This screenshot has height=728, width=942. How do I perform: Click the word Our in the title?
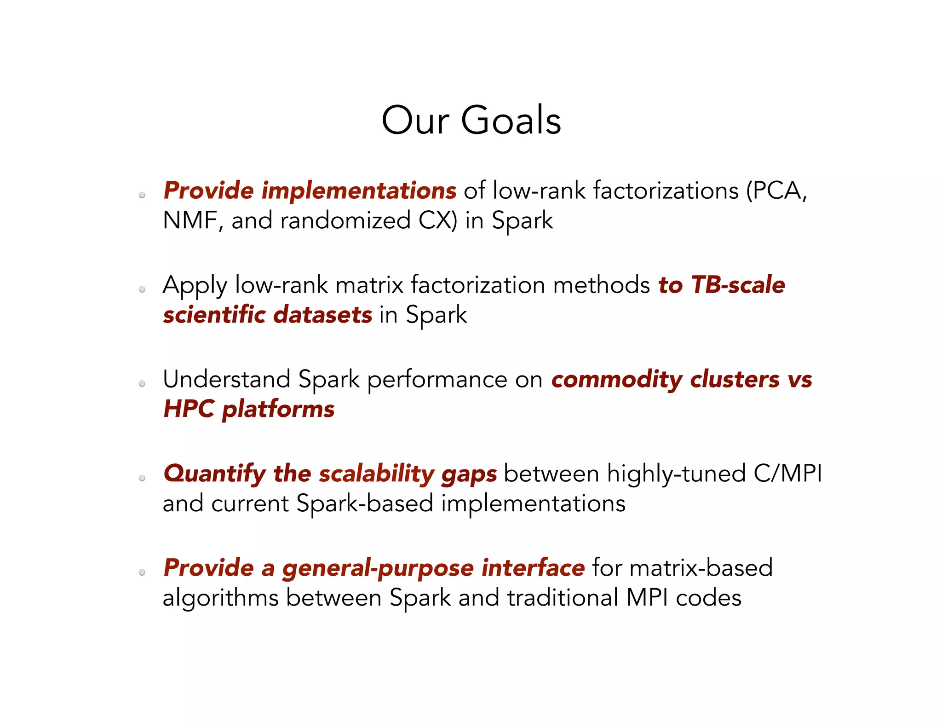415,121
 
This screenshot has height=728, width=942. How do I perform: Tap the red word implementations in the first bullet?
359,191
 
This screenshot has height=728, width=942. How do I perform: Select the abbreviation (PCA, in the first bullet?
776,191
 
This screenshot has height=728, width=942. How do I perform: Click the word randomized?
345,220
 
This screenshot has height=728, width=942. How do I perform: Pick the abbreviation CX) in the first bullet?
438,220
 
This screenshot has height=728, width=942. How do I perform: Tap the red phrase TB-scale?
738,285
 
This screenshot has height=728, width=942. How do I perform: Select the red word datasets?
322,315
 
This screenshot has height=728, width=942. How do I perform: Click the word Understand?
226,380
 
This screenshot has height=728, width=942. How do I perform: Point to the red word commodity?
617,381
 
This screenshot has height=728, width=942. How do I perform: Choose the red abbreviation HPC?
189,409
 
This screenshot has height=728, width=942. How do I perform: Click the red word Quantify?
214,474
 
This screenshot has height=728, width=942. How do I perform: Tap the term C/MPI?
787,474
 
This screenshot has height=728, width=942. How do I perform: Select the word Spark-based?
365,504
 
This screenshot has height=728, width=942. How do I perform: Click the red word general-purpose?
378,569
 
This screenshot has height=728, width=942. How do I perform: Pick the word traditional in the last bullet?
563,598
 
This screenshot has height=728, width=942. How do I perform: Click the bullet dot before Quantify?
142,478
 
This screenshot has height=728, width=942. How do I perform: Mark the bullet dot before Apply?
142,289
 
